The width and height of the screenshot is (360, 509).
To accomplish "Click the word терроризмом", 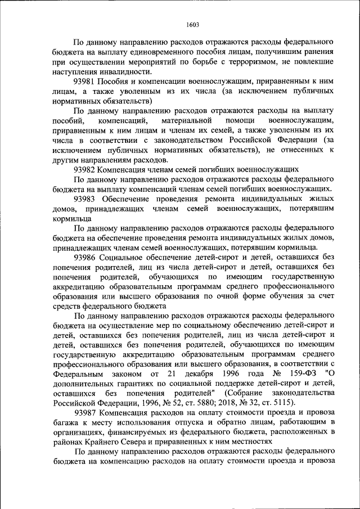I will (x=245, y=62).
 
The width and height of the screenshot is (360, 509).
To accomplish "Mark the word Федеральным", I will (x=78, y=373).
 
